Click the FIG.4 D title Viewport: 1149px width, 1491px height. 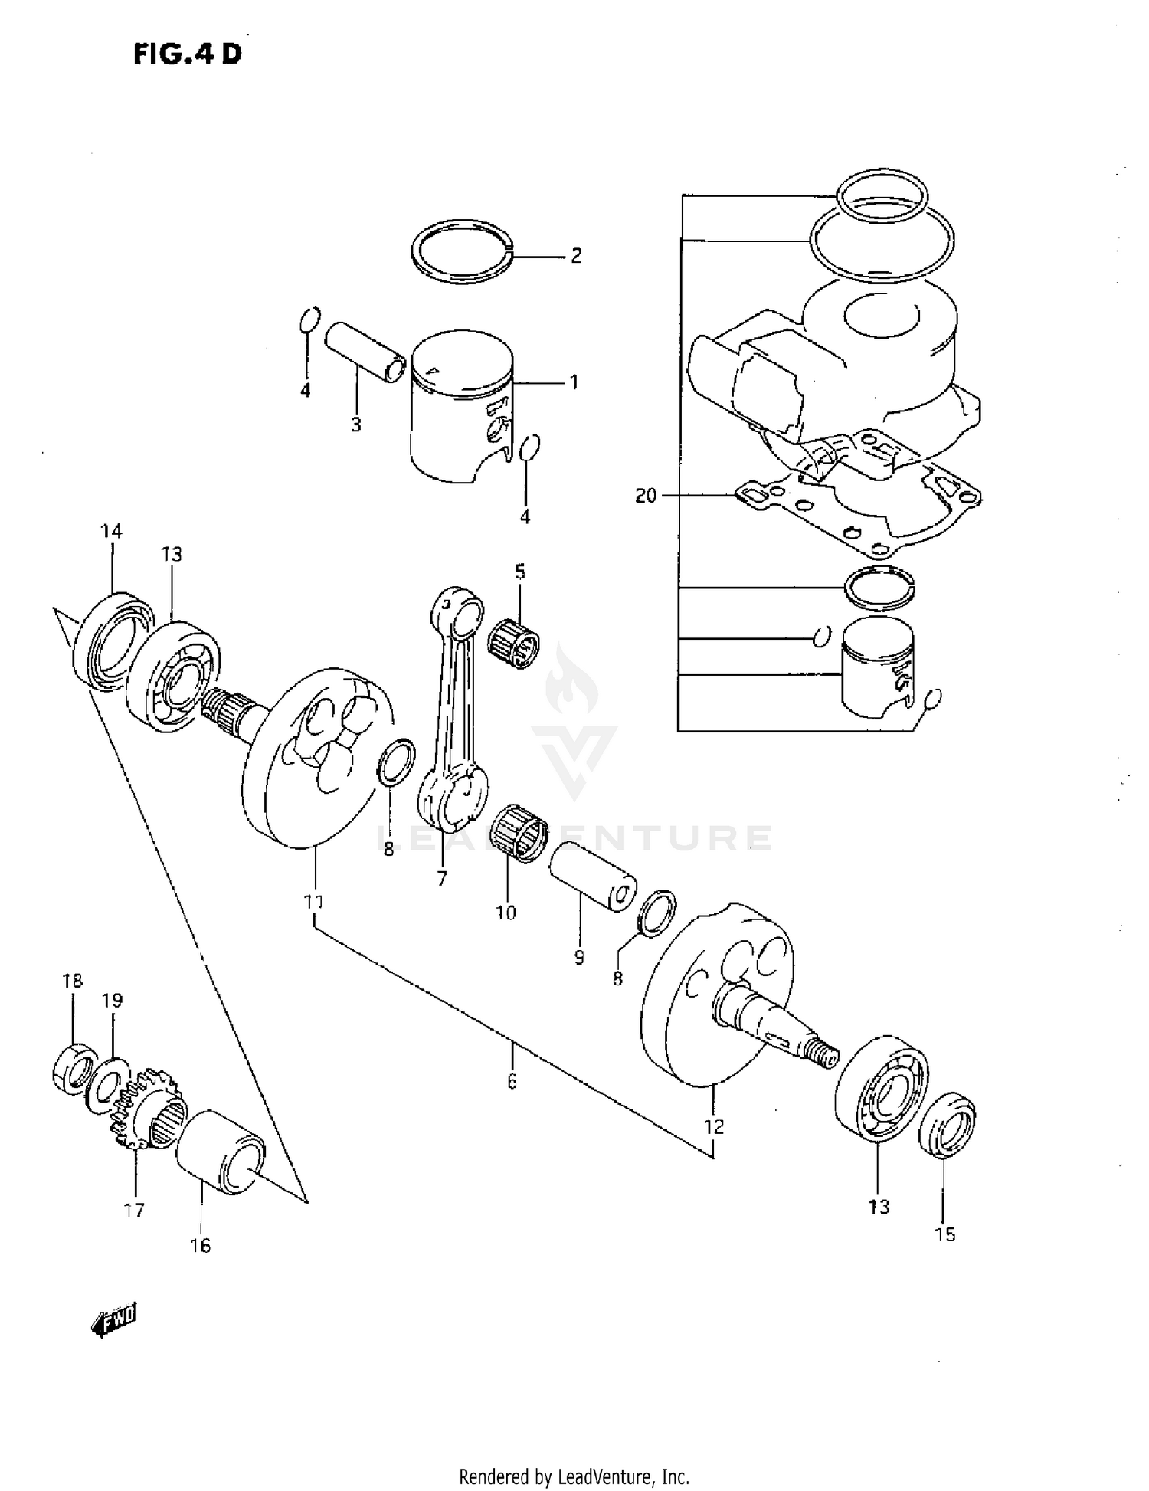click(187, 53)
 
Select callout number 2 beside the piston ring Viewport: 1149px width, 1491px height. click(576, 256)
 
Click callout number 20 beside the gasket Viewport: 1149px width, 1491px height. click(646, 496)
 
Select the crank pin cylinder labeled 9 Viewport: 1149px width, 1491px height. click(591, 876)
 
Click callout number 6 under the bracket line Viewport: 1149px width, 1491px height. click(512, 1082)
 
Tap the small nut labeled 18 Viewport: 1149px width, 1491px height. click(74, 1067)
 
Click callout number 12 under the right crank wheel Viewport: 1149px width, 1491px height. click(713, 1126)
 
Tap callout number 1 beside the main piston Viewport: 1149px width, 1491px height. click(574, 382)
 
